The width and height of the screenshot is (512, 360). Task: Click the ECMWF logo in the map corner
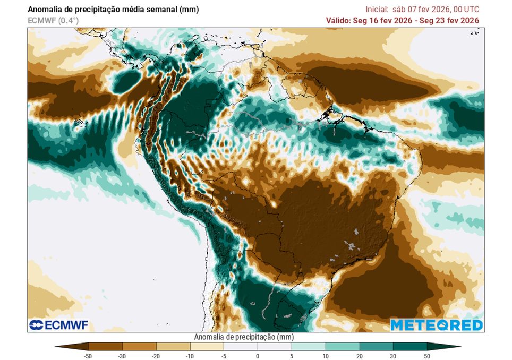point(59,325)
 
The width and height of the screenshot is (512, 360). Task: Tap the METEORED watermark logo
point(437,325)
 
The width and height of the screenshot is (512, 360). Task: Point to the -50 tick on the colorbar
point(88,356)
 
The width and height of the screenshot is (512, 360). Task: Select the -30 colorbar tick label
point(122,356)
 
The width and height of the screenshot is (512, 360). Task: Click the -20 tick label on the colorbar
point(156,356)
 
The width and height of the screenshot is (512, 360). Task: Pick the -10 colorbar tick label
point(190,356)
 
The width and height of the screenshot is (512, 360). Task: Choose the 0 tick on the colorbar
point(258,356)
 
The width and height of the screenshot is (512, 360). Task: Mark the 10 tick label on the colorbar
point(325,356)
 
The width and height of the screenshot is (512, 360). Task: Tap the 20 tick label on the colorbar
point(359,356)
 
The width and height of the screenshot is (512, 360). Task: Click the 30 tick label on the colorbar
point(393,356)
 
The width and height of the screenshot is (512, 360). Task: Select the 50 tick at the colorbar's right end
point(427,356)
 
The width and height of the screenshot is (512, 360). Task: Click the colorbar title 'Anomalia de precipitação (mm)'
point(244,337)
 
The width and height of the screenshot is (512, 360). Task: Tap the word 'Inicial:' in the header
point(377,10)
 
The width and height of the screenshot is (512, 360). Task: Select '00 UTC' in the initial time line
point(465,10)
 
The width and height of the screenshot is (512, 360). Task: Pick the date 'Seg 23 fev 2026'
point(450,21)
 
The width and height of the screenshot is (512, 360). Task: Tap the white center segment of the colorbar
point(258,347)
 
